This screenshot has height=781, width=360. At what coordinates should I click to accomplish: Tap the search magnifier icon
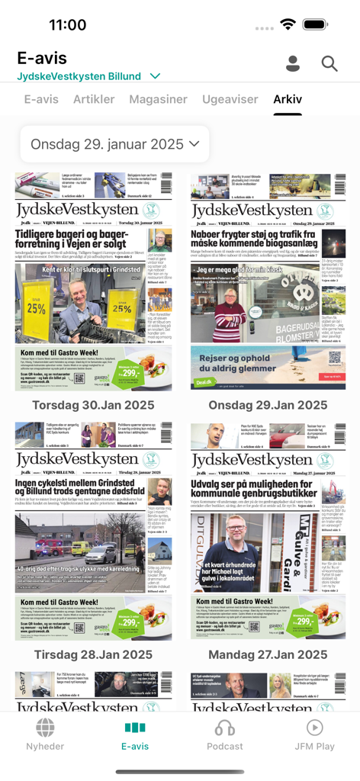(329, 64)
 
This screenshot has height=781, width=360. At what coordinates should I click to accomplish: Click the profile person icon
(293, 64)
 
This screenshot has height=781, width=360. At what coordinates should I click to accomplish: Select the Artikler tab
(94, 99)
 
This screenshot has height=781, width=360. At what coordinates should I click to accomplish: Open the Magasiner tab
(158, 99)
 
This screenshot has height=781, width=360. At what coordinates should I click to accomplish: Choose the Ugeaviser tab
(230, 99)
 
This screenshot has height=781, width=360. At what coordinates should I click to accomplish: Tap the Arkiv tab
(288, 99)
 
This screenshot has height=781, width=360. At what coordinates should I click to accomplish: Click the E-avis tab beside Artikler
(41, 99)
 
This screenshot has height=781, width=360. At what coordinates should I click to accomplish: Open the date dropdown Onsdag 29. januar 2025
(114, 143)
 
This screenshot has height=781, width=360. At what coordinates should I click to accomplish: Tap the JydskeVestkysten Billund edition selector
(88, 76)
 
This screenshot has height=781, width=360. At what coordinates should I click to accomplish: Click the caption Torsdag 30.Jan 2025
(93, 405)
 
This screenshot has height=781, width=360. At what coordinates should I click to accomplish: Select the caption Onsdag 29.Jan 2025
(268, 405)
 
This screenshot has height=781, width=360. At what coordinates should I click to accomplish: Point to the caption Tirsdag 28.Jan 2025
(93, 654)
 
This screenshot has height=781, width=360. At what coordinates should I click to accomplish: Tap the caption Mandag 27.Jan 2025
(268, 654)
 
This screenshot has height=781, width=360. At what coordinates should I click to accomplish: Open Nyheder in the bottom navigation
(45, 734)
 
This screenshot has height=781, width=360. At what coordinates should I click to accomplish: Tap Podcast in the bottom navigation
(225, 734)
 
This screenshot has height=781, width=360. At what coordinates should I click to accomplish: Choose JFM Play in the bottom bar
(314, 734)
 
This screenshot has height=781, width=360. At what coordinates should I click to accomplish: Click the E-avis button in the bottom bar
(135, 734)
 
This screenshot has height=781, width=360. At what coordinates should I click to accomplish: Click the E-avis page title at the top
(42, 58)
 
